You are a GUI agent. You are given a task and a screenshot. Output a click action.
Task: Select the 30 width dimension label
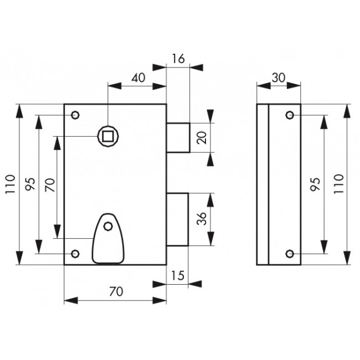[x=279, y=77]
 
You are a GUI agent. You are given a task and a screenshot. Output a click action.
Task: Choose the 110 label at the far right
[x=339, y=183]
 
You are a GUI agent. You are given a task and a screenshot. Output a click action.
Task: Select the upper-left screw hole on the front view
[x=76, y=115]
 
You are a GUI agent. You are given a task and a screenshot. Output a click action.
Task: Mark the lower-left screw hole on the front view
[x=76, y=254]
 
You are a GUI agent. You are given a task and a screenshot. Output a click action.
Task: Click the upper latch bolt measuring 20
[x=178, y=137]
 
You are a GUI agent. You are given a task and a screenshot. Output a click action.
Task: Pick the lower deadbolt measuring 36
[x=178, y=219]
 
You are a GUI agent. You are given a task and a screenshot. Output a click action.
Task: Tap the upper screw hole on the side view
[x=289, y=115]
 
